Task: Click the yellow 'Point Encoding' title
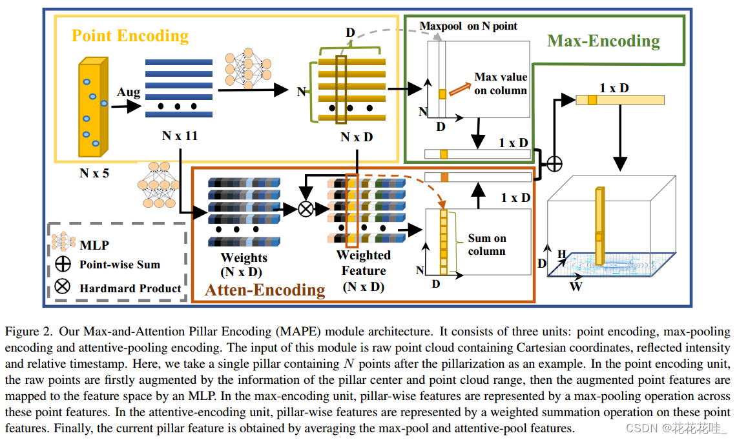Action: (x=130, y=36)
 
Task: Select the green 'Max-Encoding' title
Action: (x=603, y=41)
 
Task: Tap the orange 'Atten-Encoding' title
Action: (x=265, y=290)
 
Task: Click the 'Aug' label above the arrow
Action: (x=129, y=92)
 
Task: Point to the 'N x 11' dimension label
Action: (x=180, y=135)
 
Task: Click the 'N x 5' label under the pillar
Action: (x=94, y=174)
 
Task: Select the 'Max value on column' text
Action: (x=501, y=84)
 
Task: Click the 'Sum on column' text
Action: (x=487, y=245)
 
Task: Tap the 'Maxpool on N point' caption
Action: (x=468, y=26)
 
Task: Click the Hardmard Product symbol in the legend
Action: (x=63, y=286)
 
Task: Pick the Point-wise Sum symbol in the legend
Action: (x=63, y=265)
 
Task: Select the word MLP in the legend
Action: (x=94, y=245)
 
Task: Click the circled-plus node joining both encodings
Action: (x=555, y=164)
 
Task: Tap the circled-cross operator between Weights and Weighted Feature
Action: (x=306, y=209)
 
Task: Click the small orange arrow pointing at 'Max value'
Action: (x=460, y=89)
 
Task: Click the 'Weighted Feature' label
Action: (x=364, y=263)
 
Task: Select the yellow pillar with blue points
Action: (x=93, y=107)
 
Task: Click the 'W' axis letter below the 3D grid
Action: (x=576, y=286)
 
